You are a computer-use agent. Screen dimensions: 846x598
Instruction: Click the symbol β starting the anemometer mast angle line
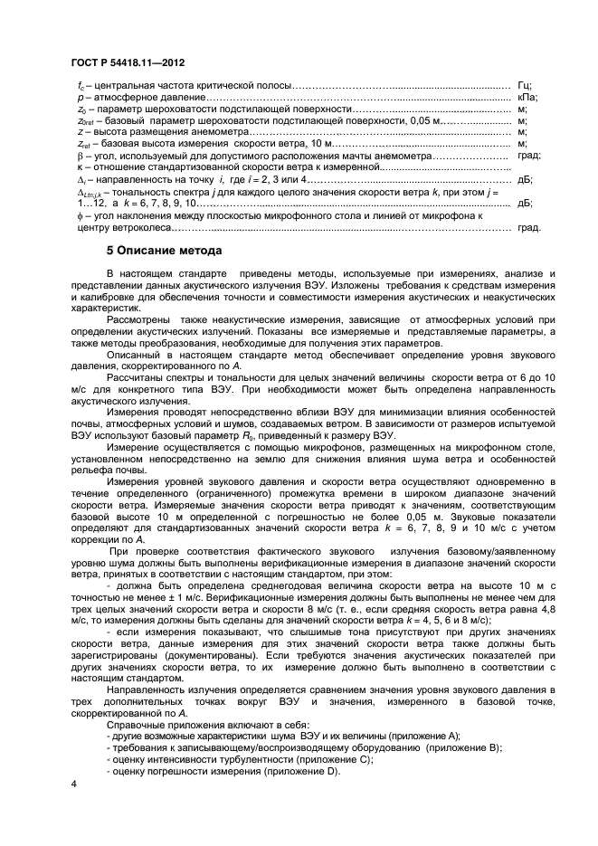[x=81, y=156]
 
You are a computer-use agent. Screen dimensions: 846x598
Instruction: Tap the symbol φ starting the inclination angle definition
[x=80, y=216]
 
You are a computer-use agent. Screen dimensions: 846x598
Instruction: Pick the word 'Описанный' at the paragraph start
[x=133, y=356]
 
